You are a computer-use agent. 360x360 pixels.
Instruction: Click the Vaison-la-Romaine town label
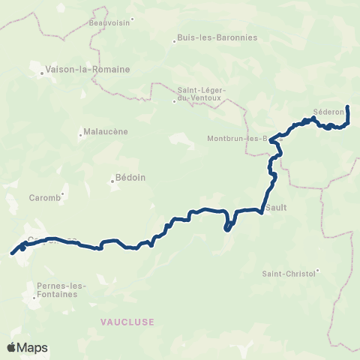(88, 69)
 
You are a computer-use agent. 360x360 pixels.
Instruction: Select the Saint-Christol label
(289, 274)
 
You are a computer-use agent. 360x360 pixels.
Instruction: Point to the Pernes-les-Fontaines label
(61, 289)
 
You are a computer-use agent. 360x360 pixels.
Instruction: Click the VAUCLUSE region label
(127, 321)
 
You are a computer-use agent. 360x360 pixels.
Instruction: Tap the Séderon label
(328, 112)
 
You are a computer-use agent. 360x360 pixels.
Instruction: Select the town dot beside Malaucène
(80, 135)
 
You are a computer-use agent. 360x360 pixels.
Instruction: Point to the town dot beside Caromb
(63, 193)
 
